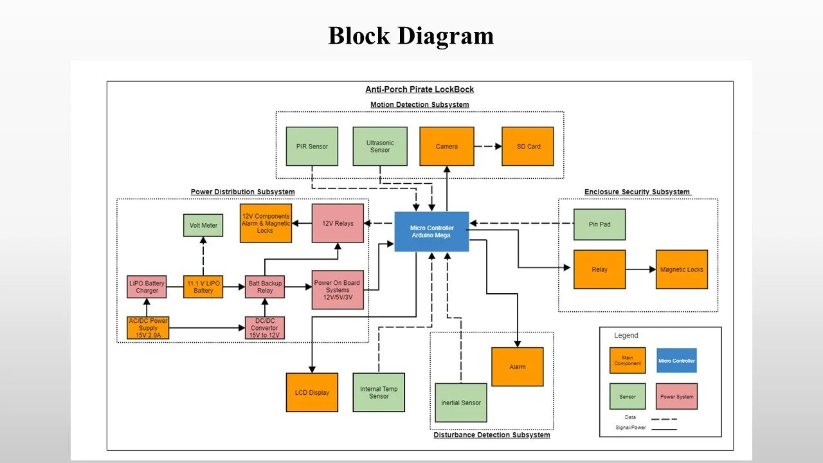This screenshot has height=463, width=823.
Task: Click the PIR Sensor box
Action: click(312, 147)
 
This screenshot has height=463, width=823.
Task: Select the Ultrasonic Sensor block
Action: click(380, 147)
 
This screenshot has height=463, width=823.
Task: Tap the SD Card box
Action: click(528, 147)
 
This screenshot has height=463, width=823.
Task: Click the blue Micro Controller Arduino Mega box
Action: click(431, 232)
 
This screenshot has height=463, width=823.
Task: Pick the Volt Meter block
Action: click(203, 226)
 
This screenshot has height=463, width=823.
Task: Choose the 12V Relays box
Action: click(338, 223)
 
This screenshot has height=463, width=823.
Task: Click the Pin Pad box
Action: click(599, 224)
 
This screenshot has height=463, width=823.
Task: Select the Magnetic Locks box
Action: click(682, 269)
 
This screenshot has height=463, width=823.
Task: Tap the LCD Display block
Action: click(312, 392)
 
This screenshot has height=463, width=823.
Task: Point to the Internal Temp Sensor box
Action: click(379, 392)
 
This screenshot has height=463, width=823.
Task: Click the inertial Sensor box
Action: click(460, 403)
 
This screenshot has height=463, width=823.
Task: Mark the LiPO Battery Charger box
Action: click(147, 287)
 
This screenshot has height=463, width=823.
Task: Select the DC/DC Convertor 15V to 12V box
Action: click(265, 327)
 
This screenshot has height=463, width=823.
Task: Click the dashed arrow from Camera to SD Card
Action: click(488, 147)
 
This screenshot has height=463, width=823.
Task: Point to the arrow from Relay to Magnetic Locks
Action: click(640, 269)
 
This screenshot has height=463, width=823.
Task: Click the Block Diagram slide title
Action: click(411, 35)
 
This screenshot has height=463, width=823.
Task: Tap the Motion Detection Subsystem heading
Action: click(419, 105)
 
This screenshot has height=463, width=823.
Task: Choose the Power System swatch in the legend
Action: click(677, 397)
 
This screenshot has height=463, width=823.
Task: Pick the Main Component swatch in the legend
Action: click(628, 360)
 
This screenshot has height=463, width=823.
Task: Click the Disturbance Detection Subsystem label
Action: click(491, 435)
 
